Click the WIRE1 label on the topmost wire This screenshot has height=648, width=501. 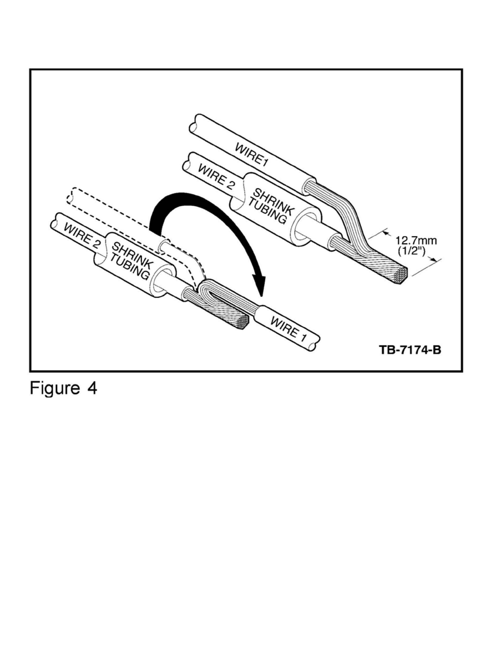252,154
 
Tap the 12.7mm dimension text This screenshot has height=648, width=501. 416,241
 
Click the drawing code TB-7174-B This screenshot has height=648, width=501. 410,350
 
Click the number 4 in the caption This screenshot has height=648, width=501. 92,388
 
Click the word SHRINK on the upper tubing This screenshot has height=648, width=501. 273,202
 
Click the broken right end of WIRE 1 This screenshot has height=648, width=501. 314,343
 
